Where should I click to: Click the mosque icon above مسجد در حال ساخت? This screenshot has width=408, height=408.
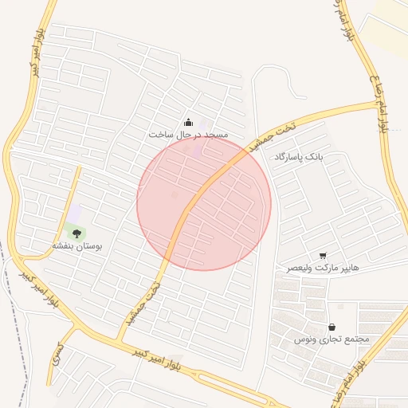pos(188,122)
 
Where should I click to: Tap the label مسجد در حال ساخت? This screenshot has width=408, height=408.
pos(188,135)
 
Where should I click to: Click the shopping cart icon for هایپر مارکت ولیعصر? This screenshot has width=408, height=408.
pos(322,256)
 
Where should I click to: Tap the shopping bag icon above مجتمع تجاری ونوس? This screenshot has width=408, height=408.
pos(331,328)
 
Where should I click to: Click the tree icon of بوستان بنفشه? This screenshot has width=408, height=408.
pos(76,233)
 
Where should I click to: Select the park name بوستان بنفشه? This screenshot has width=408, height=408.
pos(74,246)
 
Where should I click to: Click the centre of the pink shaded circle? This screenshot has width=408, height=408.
pos(204,203)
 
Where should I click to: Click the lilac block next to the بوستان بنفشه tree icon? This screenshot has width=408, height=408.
pos(75,214)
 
